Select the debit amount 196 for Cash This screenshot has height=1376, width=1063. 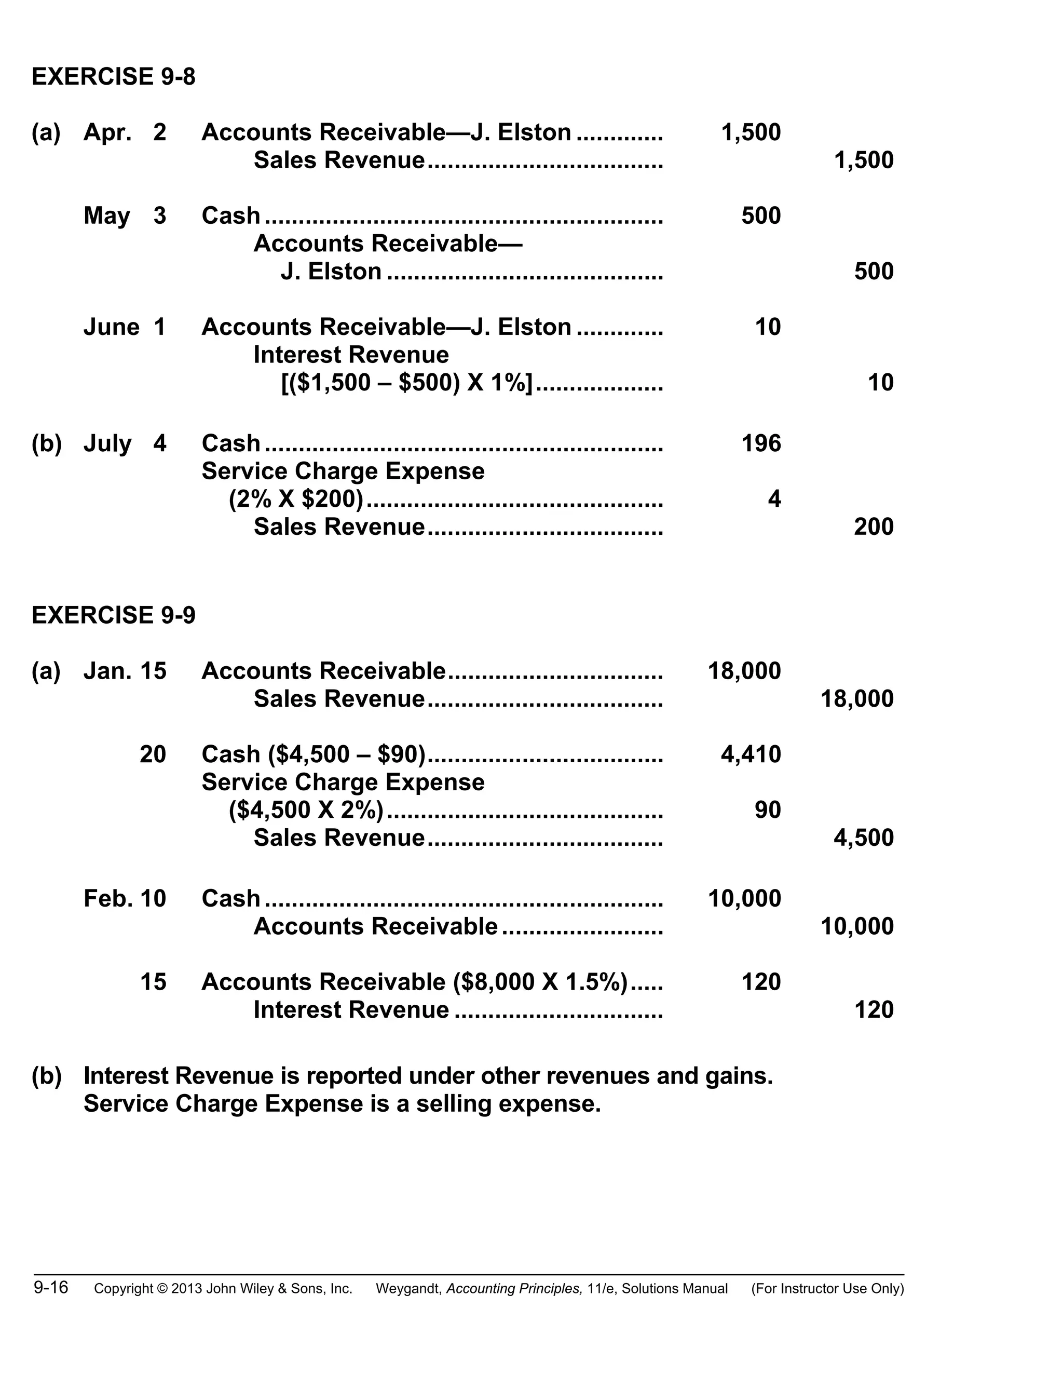[x=761, y=443]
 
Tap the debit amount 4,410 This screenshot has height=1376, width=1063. [x=751, y=754]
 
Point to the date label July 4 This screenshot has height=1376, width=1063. [x=125, y=443]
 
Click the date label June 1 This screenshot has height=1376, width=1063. [x=125, y=327]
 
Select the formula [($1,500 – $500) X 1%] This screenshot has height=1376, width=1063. [x=407, y=383]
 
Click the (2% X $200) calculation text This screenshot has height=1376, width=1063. [x=296, y=499]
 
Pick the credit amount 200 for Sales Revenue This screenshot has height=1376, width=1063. [x=874, y=527]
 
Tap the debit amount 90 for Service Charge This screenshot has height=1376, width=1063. [x=768, y=810]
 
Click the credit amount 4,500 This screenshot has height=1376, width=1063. [x=863, y=838]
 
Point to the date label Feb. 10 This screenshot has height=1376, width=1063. [x=125, y=898]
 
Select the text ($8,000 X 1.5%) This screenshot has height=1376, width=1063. [x=540, y=981]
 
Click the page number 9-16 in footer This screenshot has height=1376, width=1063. [x=51, y=1287]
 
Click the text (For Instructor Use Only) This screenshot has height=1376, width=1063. [x=827, y=1288]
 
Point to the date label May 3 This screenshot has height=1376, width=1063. [x=125, y=215]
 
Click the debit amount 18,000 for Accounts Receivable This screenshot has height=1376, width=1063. [x=744, y=671]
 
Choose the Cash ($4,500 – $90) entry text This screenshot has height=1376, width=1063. [x=314, y=754]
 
